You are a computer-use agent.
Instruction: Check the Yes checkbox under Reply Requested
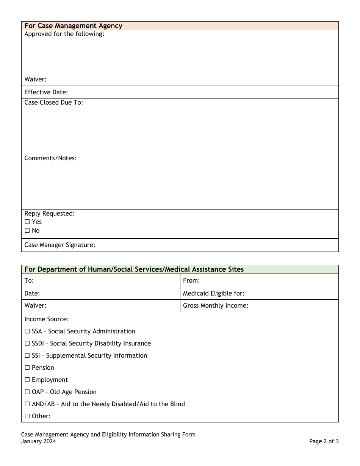point(27,222)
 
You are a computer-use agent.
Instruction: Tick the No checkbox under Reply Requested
point(27,230)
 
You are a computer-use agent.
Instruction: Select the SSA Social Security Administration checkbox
point(27,331)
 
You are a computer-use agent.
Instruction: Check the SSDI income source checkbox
point(27,343)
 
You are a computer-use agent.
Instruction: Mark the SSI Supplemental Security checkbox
point(27,355)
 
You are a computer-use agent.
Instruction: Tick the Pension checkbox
point(27,367)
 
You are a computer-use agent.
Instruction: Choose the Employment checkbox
point(27,380)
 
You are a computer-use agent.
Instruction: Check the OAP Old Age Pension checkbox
point(27,392)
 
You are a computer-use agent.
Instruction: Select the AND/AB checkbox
point(27,404)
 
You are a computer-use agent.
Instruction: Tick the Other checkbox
point(27,416)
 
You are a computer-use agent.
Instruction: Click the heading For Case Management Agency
point(73,26)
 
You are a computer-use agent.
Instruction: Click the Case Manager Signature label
point(60,245)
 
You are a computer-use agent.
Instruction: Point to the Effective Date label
point(46,92)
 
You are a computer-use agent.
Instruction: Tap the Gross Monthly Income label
point(215,305)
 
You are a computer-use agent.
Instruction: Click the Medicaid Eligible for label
point(213,293)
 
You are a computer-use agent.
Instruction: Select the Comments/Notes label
point(50,158)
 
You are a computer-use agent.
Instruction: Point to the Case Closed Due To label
point(53,102)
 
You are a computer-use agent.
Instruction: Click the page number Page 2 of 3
point(324,441)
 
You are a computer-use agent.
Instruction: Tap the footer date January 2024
point(38,441)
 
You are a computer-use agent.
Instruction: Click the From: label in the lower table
point(191,280)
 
